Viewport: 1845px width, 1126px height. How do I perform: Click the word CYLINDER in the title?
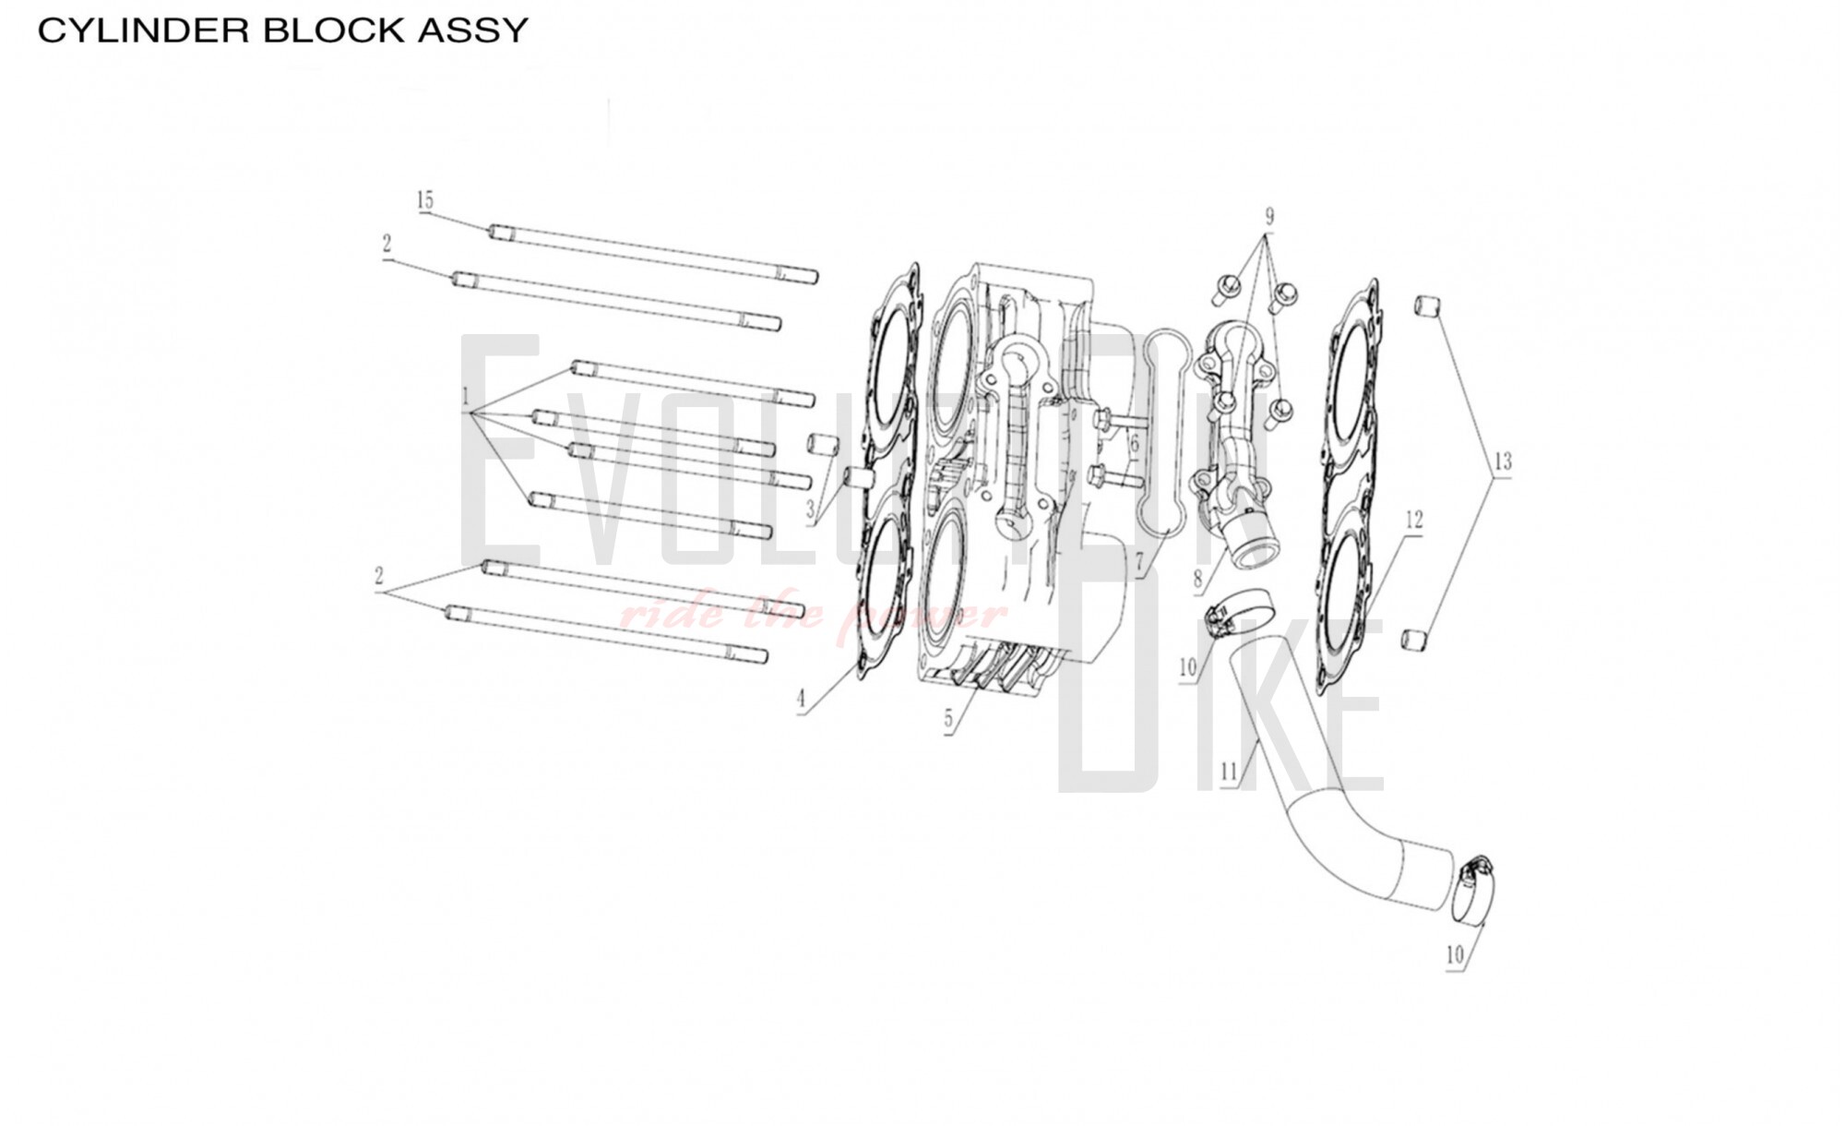point(144,30)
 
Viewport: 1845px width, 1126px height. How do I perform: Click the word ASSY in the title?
point(473,30)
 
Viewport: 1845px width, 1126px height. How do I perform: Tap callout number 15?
point(424,200)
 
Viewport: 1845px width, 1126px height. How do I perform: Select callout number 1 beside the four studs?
point(466,398)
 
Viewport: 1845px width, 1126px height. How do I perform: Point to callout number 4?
point(801,700)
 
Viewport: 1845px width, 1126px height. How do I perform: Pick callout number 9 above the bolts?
point(1269,217)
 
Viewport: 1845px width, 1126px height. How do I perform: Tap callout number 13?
point(1503,461)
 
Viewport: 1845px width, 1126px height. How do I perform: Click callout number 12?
point(1413,521)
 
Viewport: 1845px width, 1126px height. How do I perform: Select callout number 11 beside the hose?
point(1228,771)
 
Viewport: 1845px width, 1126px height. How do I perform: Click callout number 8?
point(1197,580)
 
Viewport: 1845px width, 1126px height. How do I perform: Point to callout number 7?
point(1139,562)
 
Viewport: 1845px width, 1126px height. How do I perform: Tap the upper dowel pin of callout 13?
point(1426,305)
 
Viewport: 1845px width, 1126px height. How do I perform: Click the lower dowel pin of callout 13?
point(1412,639)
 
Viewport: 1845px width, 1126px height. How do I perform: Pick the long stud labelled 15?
point(653,253)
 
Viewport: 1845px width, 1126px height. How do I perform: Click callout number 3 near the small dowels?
point(810,509)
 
